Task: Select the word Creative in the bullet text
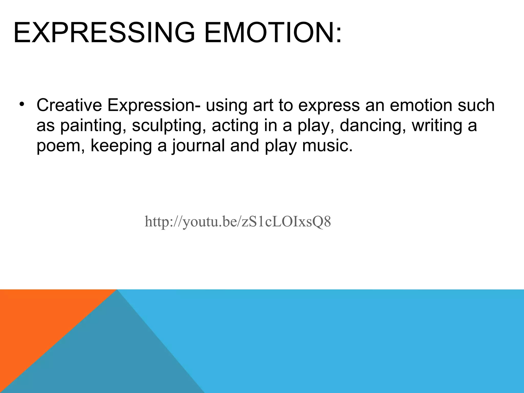[x=69, y=105]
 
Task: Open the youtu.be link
[x=238, y=222]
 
